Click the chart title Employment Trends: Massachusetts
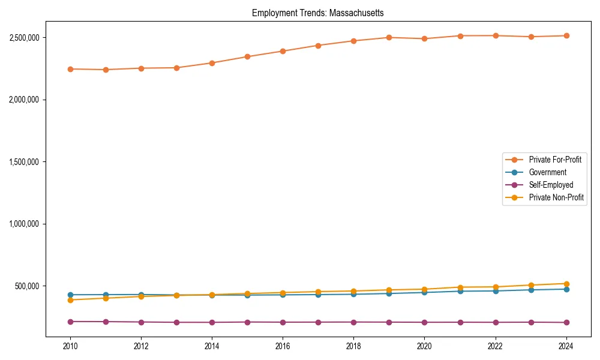(x=317, y=13)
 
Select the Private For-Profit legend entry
(x=554, y=160)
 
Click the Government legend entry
(x=547, y=172)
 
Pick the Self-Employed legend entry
(x=551, y=185)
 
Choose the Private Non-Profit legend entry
(x=556, y=197)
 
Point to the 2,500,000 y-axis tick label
(x=24, y=37)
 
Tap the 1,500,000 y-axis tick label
(x=24, y=162)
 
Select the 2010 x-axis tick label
(x=70, y=346)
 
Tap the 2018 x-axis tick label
(x=353, y=346)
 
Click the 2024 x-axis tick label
(x=566, y=346)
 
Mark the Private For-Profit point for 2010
(x=70, y=69)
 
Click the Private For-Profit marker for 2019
(x=389, y=37)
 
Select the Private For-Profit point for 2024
(x=566, y=35)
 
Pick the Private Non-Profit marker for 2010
(x=70, y=300)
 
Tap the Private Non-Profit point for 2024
(x=566, y=284)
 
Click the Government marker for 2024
(x=566, y=289)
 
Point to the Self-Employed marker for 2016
(x=283, y=322)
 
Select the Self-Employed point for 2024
(x=566, y=323)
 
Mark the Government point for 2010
(x=70, y=295)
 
